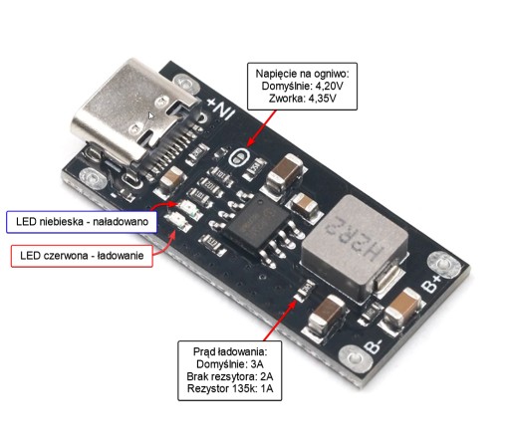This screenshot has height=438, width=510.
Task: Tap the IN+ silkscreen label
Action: pos(220,109)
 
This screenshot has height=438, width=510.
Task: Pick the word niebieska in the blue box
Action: pos(61,221)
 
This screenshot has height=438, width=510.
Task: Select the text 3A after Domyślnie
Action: pos(257,364)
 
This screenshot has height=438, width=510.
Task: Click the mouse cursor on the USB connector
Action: pos(150,115)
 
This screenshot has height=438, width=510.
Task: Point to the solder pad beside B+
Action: pos(443,265)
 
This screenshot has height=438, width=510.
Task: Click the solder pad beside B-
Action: pos(355,359)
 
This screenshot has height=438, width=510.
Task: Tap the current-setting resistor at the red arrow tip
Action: pos(305,291)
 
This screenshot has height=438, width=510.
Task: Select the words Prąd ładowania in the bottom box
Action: pos(230,351)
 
